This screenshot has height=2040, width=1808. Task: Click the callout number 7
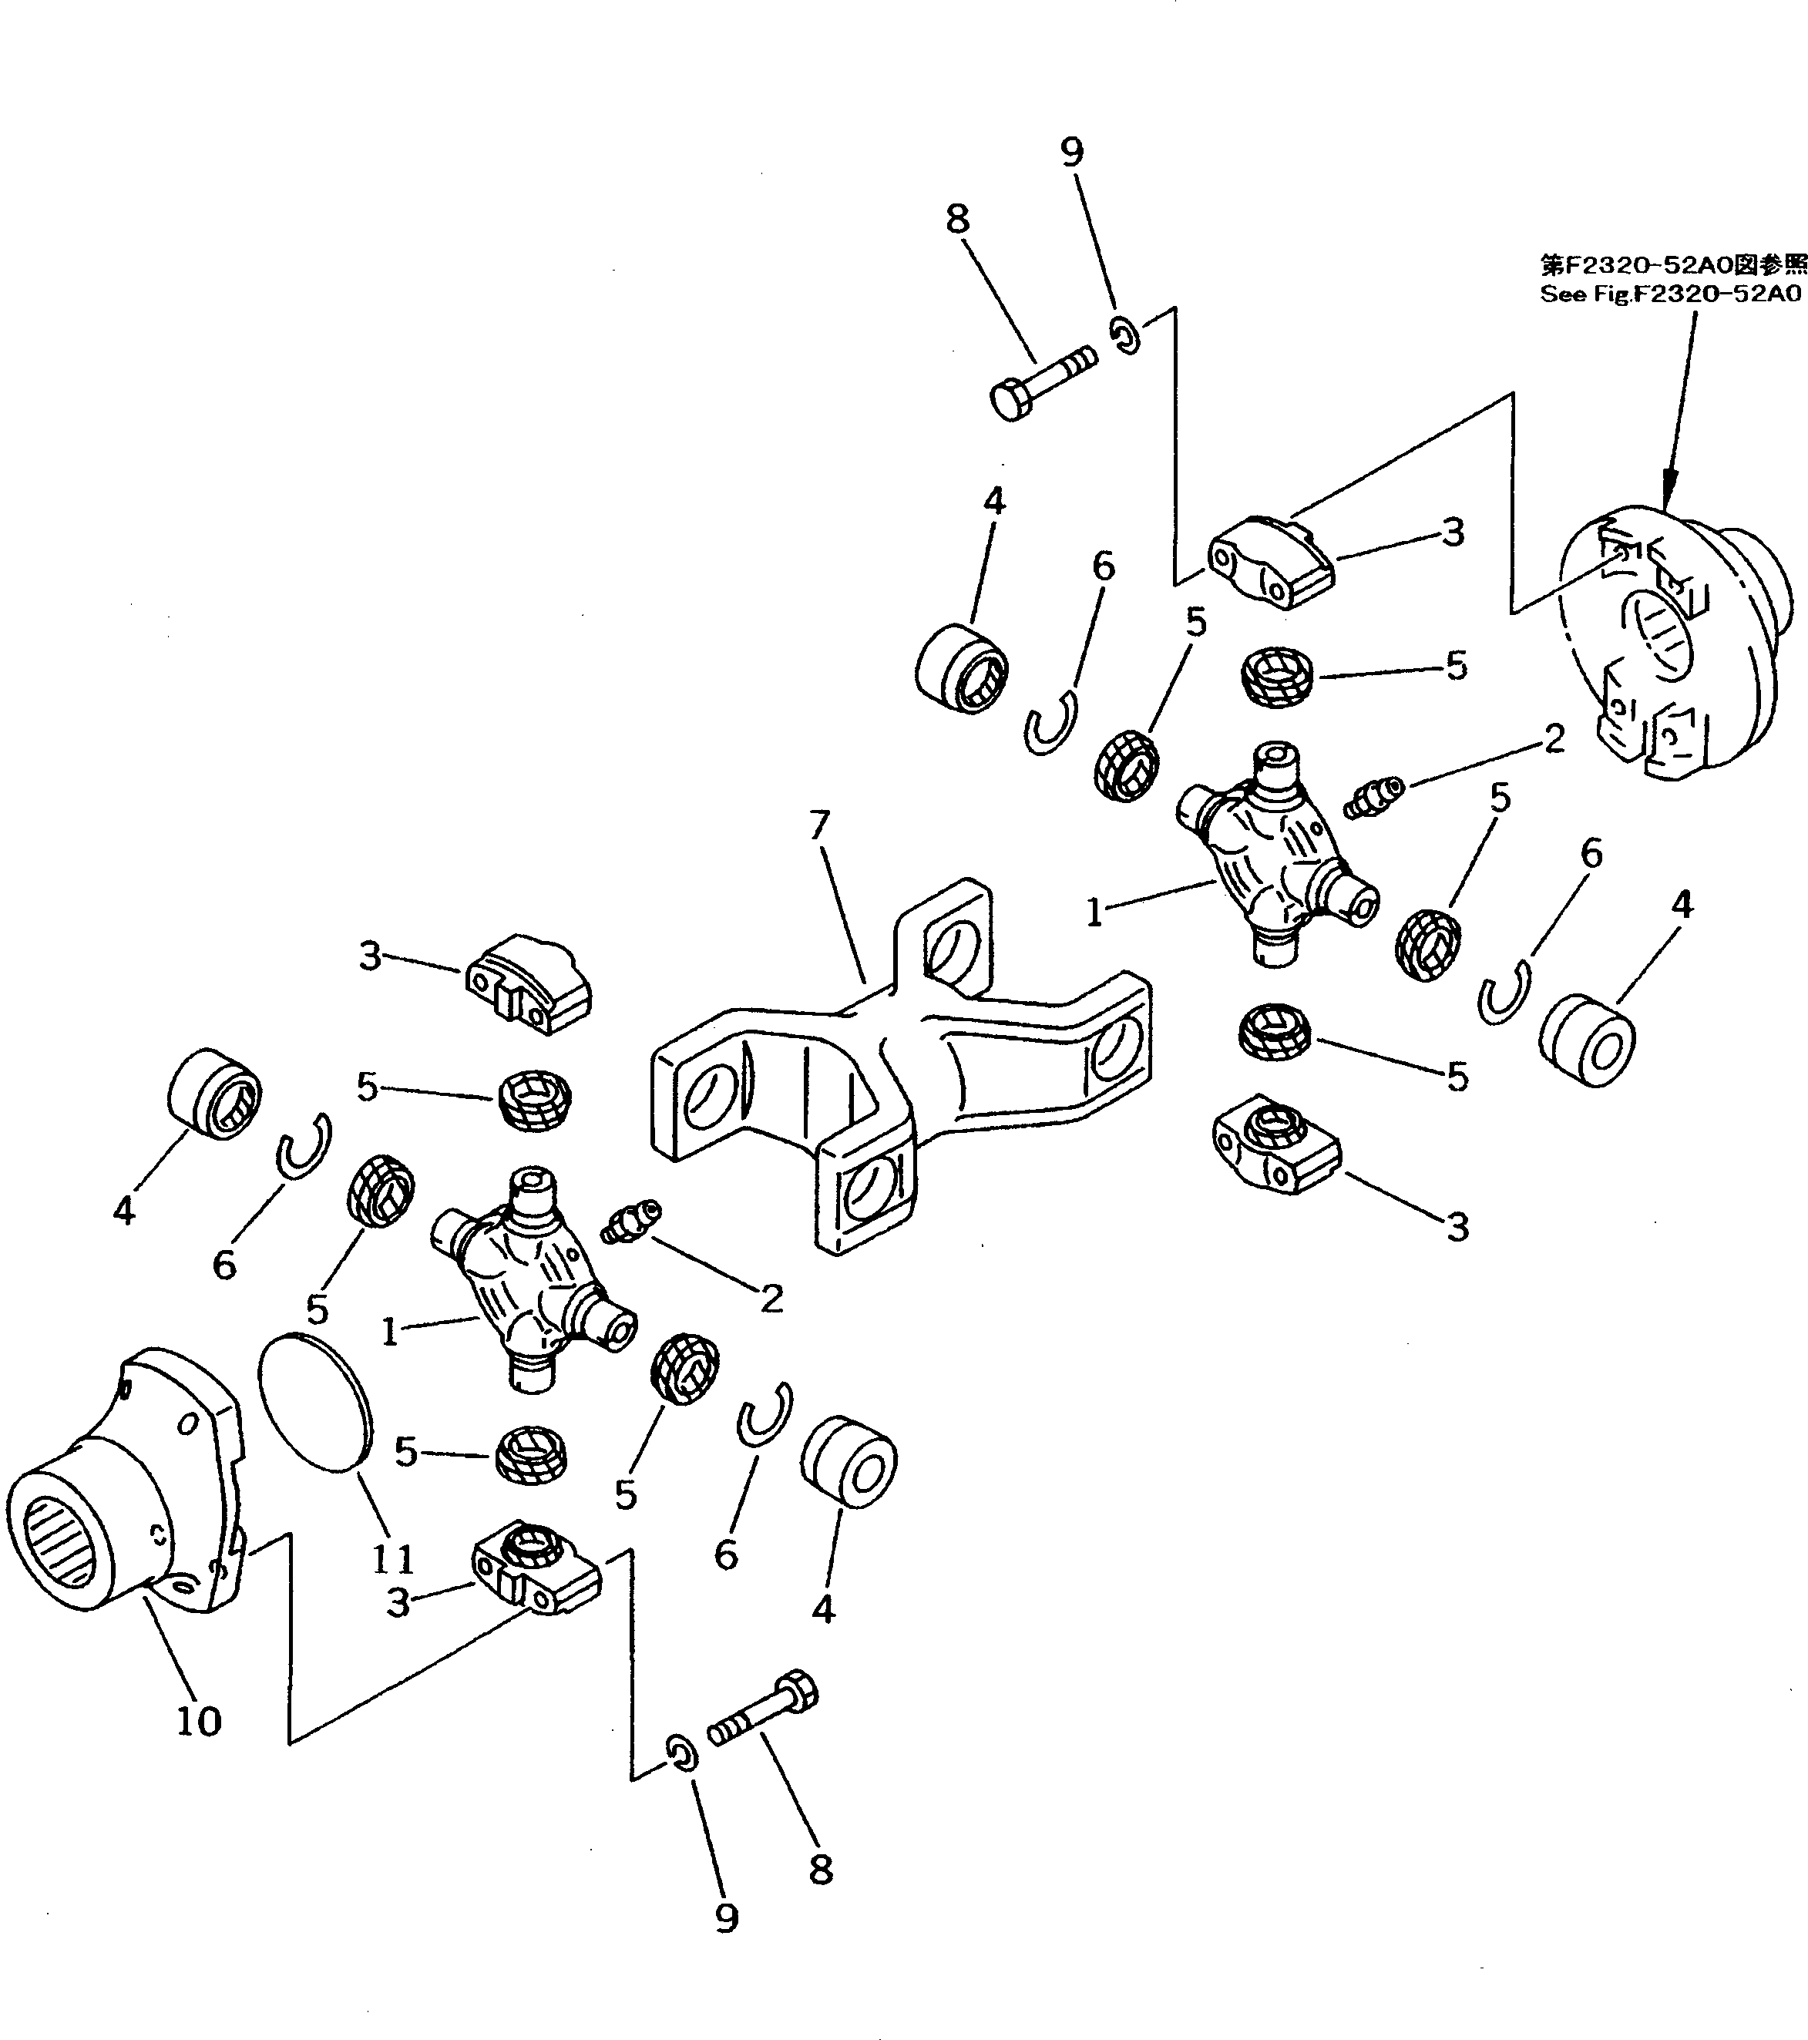818,826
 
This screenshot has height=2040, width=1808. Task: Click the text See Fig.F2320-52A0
1670,294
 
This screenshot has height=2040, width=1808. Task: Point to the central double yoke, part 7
898,1058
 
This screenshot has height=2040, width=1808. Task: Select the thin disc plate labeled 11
315,1401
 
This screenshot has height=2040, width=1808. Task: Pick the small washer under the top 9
1125,334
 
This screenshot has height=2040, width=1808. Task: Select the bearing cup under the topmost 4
962,667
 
